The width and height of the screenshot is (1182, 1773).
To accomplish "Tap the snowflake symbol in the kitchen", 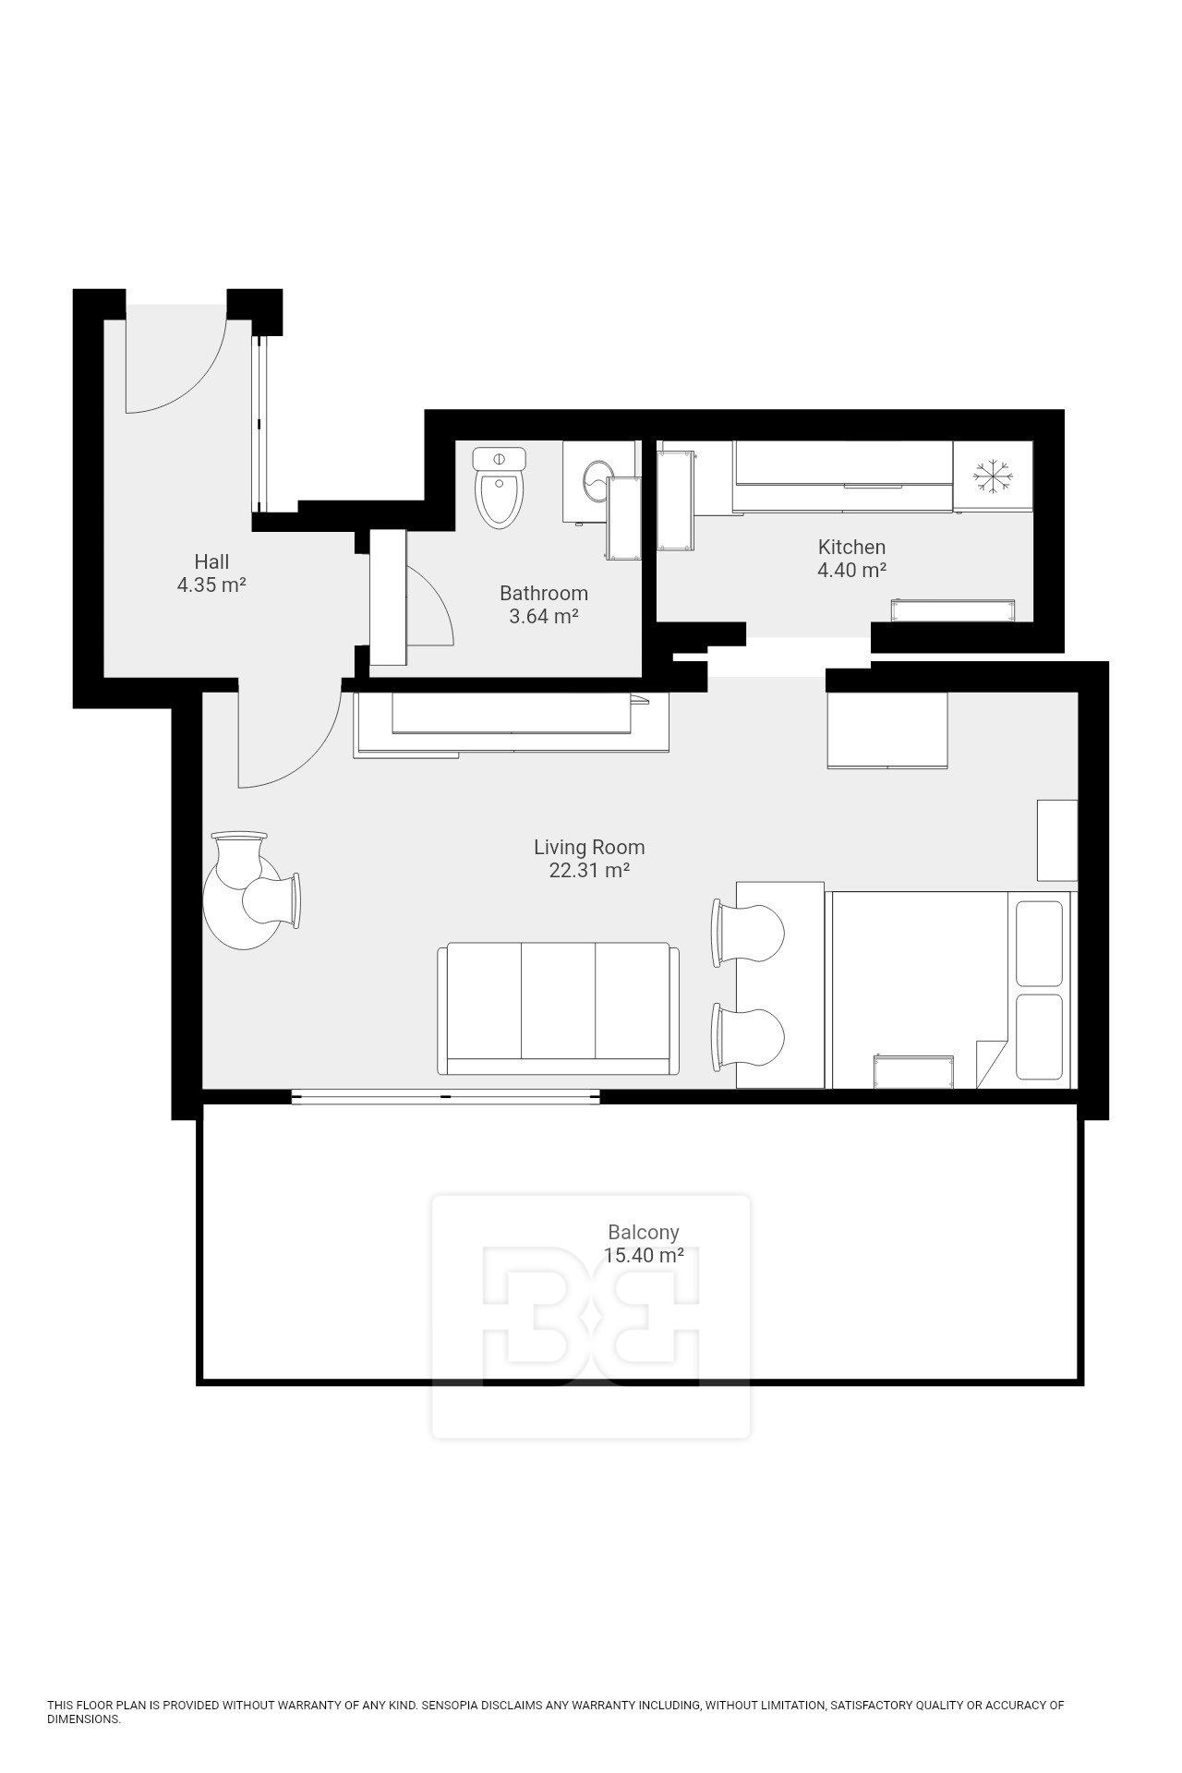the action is [x=993, y=476].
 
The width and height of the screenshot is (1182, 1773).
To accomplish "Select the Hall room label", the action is [x=211, y=561].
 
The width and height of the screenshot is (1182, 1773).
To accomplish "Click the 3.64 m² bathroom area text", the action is [x=544, y=616].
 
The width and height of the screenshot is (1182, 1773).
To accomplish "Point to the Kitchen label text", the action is [x=851, y=547].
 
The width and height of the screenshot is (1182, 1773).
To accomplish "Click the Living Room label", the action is [x=589, y=847].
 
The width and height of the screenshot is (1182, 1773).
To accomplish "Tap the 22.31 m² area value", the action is [x=589, y=871].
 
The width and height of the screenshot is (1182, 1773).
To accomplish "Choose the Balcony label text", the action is [x=644, y=1232].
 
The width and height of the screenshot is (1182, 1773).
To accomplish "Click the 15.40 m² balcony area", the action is [x=644, y=1256].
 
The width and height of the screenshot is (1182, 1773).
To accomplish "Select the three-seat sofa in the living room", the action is [x=559, y=1008].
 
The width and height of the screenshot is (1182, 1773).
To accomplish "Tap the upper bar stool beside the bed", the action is [x=747, y=933].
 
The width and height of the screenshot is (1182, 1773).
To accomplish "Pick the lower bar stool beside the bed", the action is [x=747, y=1039].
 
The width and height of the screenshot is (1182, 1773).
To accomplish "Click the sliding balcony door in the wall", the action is [x=446, y=1096].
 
